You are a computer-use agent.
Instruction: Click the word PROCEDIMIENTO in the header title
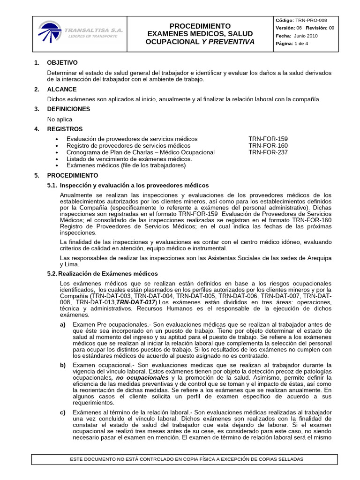(x=200, y=26)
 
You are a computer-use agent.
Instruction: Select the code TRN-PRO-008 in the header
(x=311, y=20)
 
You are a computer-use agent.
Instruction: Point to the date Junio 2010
(x=306, y=36)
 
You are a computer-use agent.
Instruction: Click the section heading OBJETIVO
(x=62, y=63)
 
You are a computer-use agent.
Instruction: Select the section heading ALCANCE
(x=62, y=90)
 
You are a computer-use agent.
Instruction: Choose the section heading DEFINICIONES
(x=68, y=109)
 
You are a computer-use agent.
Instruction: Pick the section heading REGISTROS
(x=65, y=129)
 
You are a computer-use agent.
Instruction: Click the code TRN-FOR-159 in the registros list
(x=268, y=139)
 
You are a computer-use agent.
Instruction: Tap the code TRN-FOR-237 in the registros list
(x=268, y=152)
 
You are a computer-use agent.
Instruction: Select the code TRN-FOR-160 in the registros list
(x=268, y=146)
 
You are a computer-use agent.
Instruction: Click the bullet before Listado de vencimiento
(x=57, y=159)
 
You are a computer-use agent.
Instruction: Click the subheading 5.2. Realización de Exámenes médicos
(x=103, y=274)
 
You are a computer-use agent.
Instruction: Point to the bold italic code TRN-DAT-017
(x=136, y=303)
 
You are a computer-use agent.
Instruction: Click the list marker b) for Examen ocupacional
(x=63, y=365)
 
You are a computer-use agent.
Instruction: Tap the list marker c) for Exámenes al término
(x=63, y=412)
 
